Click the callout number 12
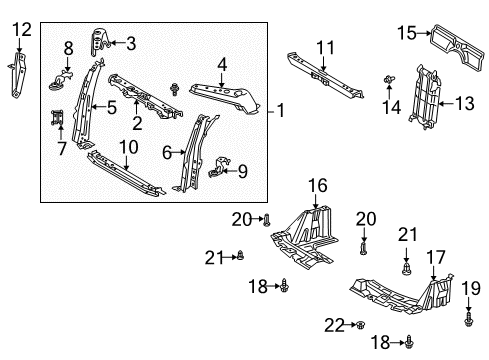point(22,30)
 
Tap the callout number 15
point(407,33)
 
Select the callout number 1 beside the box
point(281,110)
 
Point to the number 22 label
point(334,325)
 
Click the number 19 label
point(471,289)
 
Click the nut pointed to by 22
point(360,325)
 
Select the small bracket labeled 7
point(57,118)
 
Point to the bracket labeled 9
point(219,166)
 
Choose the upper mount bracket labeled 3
point(99,42)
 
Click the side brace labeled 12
point(18,74)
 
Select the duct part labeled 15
point(457,47)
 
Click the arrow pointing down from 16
point(315,202)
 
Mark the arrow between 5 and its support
point(99,107)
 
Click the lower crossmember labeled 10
point(125,173)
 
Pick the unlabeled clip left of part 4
point(174,89)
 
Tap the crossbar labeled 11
point(325,75)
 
